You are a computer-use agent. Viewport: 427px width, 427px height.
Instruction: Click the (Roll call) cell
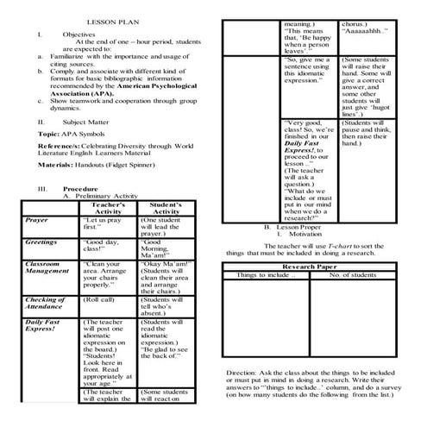tap(98, 299)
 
